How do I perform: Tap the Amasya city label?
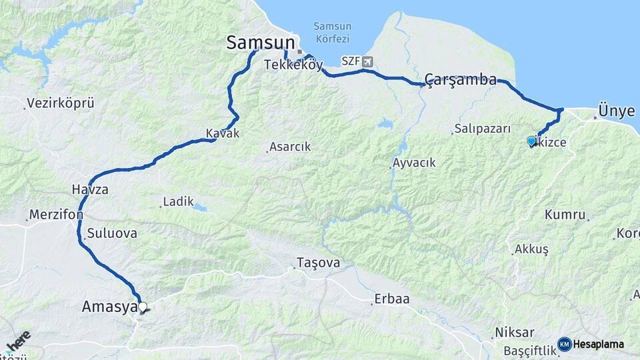click(109, 307)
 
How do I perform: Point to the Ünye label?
click(617, 111)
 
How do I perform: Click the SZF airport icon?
click(367, 61)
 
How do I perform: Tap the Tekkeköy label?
click(293, 65)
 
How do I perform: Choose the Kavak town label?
click(222, 133)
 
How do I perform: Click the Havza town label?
click(90, 190)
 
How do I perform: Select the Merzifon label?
click(55, 215)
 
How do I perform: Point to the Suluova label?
click(112, 233)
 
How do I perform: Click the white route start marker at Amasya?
click(142, 307)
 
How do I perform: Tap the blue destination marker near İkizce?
click(531, 141)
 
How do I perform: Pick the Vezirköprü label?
click(60, 104)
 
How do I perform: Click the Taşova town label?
click(318, 263)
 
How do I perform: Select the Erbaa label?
click(391, 299)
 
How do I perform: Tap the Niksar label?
click(514, 332)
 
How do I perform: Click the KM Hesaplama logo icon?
click(565, 344)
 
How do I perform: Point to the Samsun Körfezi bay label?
click(332, 33)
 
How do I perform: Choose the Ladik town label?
click(178, 201)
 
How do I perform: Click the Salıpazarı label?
click(482, 129)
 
